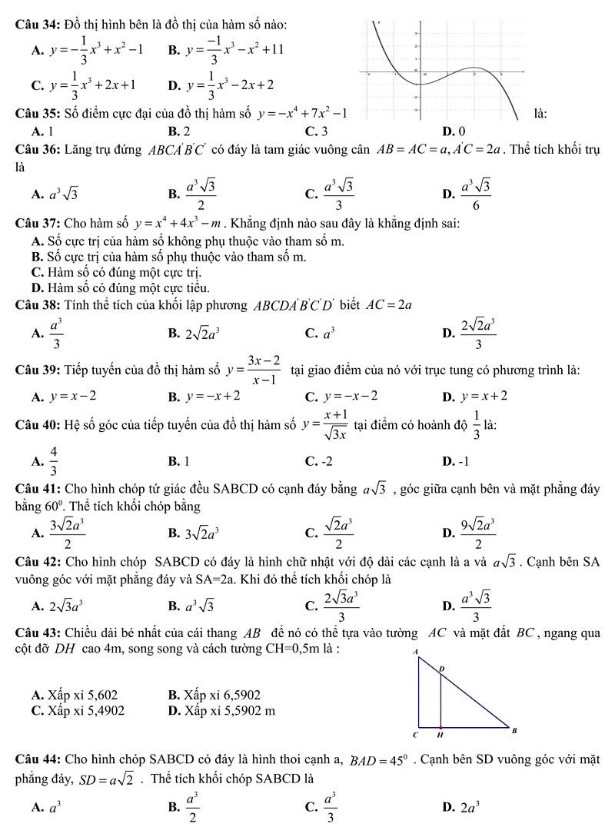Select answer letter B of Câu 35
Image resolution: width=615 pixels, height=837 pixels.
[x=179, y=129]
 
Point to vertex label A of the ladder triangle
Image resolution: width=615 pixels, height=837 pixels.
[x=417, y=651]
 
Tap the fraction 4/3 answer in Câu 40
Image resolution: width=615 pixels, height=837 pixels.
[x=53, y=461]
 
